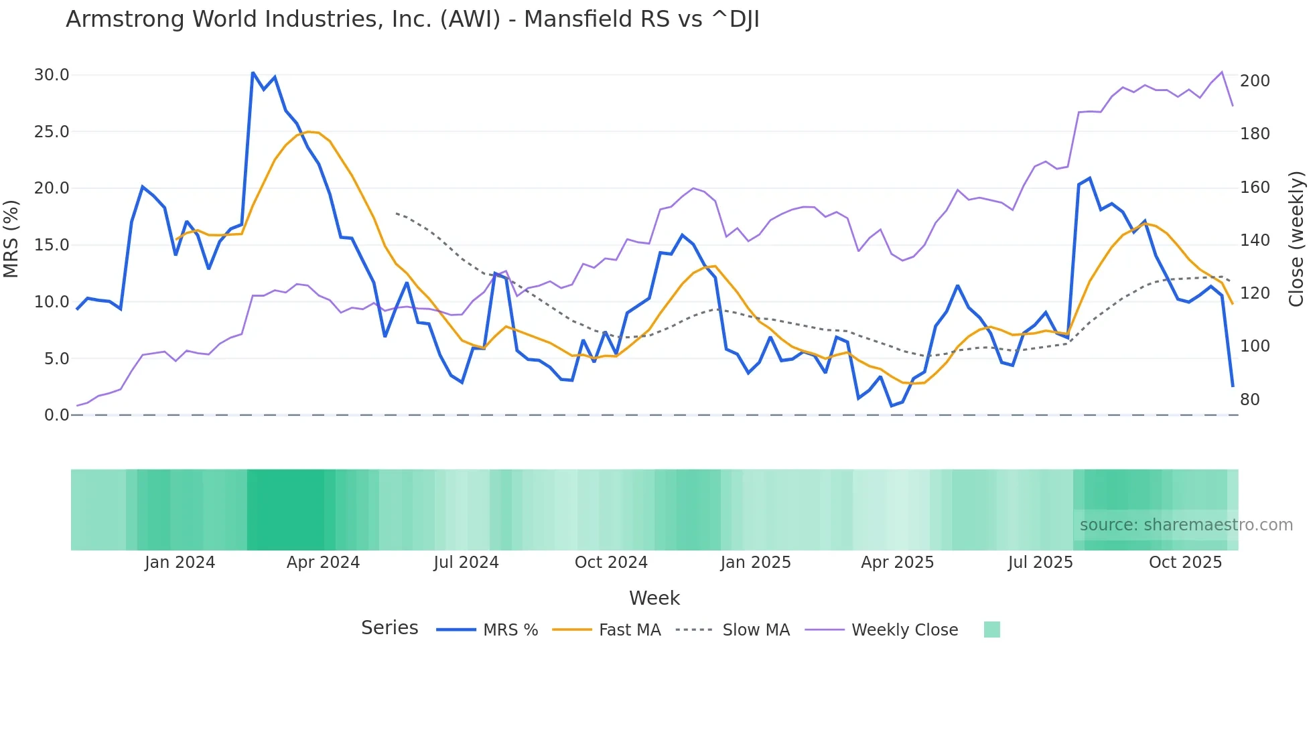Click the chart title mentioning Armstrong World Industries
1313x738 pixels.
point(413,19)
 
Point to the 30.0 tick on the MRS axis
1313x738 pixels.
point(52,75)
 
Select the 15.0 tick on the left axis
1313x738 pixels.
point(52,245)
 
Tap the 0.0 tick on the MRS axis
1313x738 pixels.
point(57,415)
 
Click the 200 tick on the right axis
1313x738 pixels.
point(1255,81)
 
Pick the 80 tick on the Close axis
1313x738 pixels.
point(1250,400)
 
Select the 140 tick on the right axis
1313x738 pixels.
point(1255,240)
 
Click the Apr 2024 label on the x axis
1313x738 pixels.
point(323,563)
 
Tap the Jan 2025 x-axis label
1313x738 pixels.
point(756,563)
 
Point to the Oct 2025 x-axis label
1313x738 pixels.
point(1185,563)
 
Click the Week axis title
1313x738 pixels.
point(654,598)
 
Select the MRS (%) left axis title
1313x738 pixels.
point(11,238)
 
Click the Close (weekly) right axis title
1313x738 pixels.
point(1297,238)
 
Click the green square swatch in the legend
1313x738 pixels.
point(991,630)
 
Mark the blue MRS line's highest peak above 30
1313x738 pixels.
point(253,72)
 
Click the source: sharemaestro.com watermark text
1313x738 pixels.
point(1186,525)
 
